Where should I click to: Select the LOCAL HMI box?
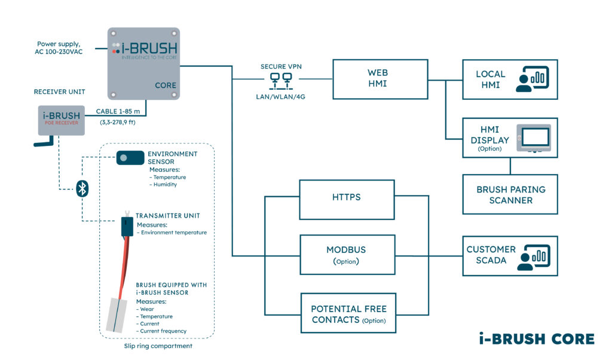click(510, 79)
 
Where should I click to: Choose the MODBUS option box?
click(346, 255)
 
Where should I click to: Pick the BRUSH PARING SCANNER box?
click(510, 194)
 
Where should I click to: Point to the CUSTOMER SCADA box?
click(510, 255)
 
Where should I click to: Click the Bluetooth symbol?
click(83, 190)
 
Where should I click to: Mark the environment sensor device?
click(130, 157)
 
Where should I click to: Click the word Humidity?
click(165, 185)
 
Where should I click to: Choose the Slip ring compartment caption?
click(157, 346)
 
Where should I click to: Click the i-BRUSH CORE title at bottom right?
click(536, 338)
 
